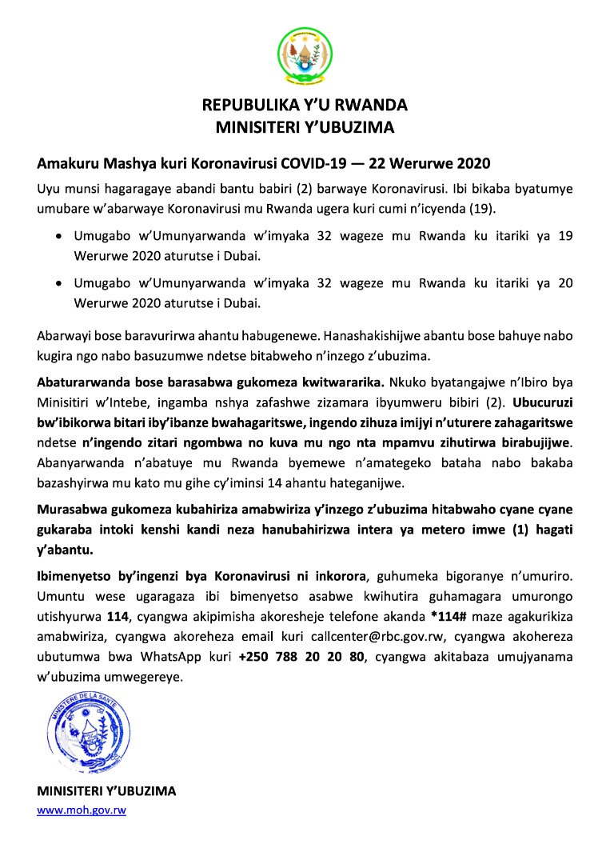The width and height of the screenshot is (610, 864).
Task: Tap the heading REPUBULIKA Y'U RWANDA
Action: click(x=305, y=106)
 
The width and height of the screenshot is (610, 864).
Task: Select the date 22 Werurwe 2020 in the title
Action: click(x=421, y=164)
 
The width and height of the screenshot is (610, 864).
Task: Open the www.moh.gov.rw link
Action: click(x=82, y=810)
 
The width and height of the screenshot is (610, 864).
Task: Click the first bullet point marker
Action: click(x=59, y=237)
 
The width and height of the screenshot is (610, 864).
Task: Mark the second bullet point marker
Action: click(x=59, y=284)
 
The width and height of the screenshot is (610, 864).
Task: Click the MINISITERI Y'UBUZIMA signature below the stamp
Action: click(x=106, y=791)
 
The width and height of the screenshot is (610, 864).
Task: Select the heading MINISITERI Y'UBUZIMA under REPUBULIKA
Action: click(x=305, y=126)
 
